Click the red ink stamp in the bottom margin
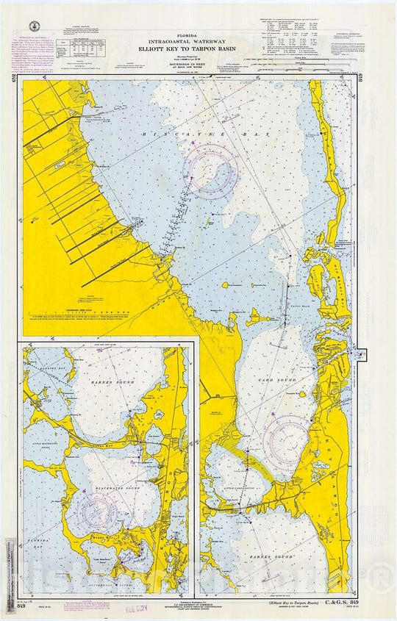[x=156, y=609]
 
